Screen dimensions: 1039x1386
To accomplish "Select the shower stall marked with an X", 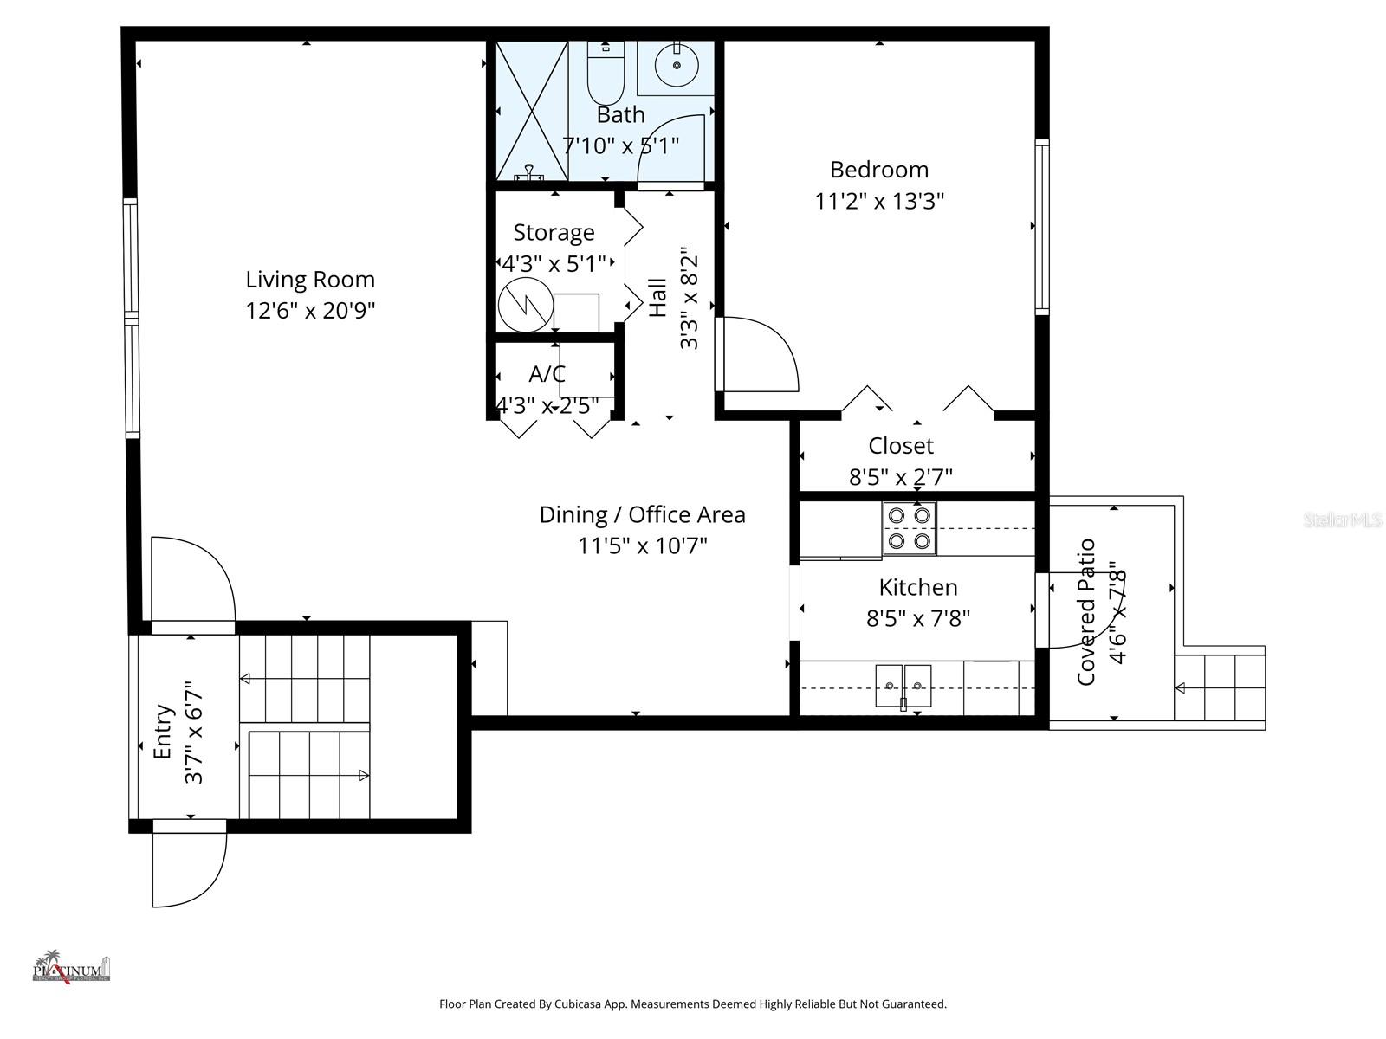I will pos(531,110).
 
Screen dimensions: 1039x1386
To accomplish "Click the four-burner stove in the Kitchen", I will pos(910,528).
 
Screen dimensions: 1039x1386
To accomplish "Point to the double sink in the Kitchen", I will pos(903,685).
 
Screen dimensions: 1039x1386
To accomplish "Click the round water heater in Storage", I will pos(526,305).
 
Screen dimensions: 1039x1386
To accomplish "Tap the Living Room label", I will pos(310,280).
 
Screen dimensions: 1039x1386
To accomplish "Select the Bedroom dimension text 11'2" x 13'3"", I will pos(879,201).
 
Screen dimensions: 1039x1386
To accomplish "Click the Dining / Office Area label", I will pos(642,514).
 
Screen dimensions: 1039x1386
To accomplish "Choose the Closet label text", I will pos(901,446).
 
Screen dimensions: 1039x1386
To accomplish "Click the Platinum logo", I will pos(71,966).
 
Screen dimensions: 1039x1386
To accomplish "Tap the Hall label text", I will pos(658,297).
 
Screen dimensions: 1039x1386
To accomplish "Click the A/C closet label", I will pos(547,374).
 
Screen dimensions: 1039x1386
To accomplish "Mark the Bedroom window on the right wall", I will pos(1042,226).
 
